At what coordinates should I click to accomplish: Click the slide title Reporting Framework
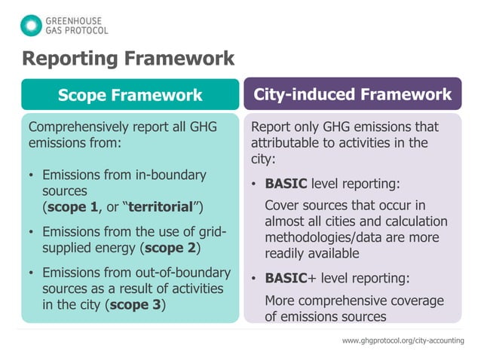point(127,58)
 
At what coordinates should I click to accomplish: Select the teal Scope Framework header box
point(130,95)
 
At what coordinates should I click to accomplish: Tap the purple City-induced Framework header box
point(352,94)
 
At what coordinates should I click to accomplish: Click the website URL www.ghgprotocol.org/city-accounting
point(403,341)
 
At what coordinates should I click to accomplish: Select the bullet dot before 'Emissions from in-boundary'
point(31,175)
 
